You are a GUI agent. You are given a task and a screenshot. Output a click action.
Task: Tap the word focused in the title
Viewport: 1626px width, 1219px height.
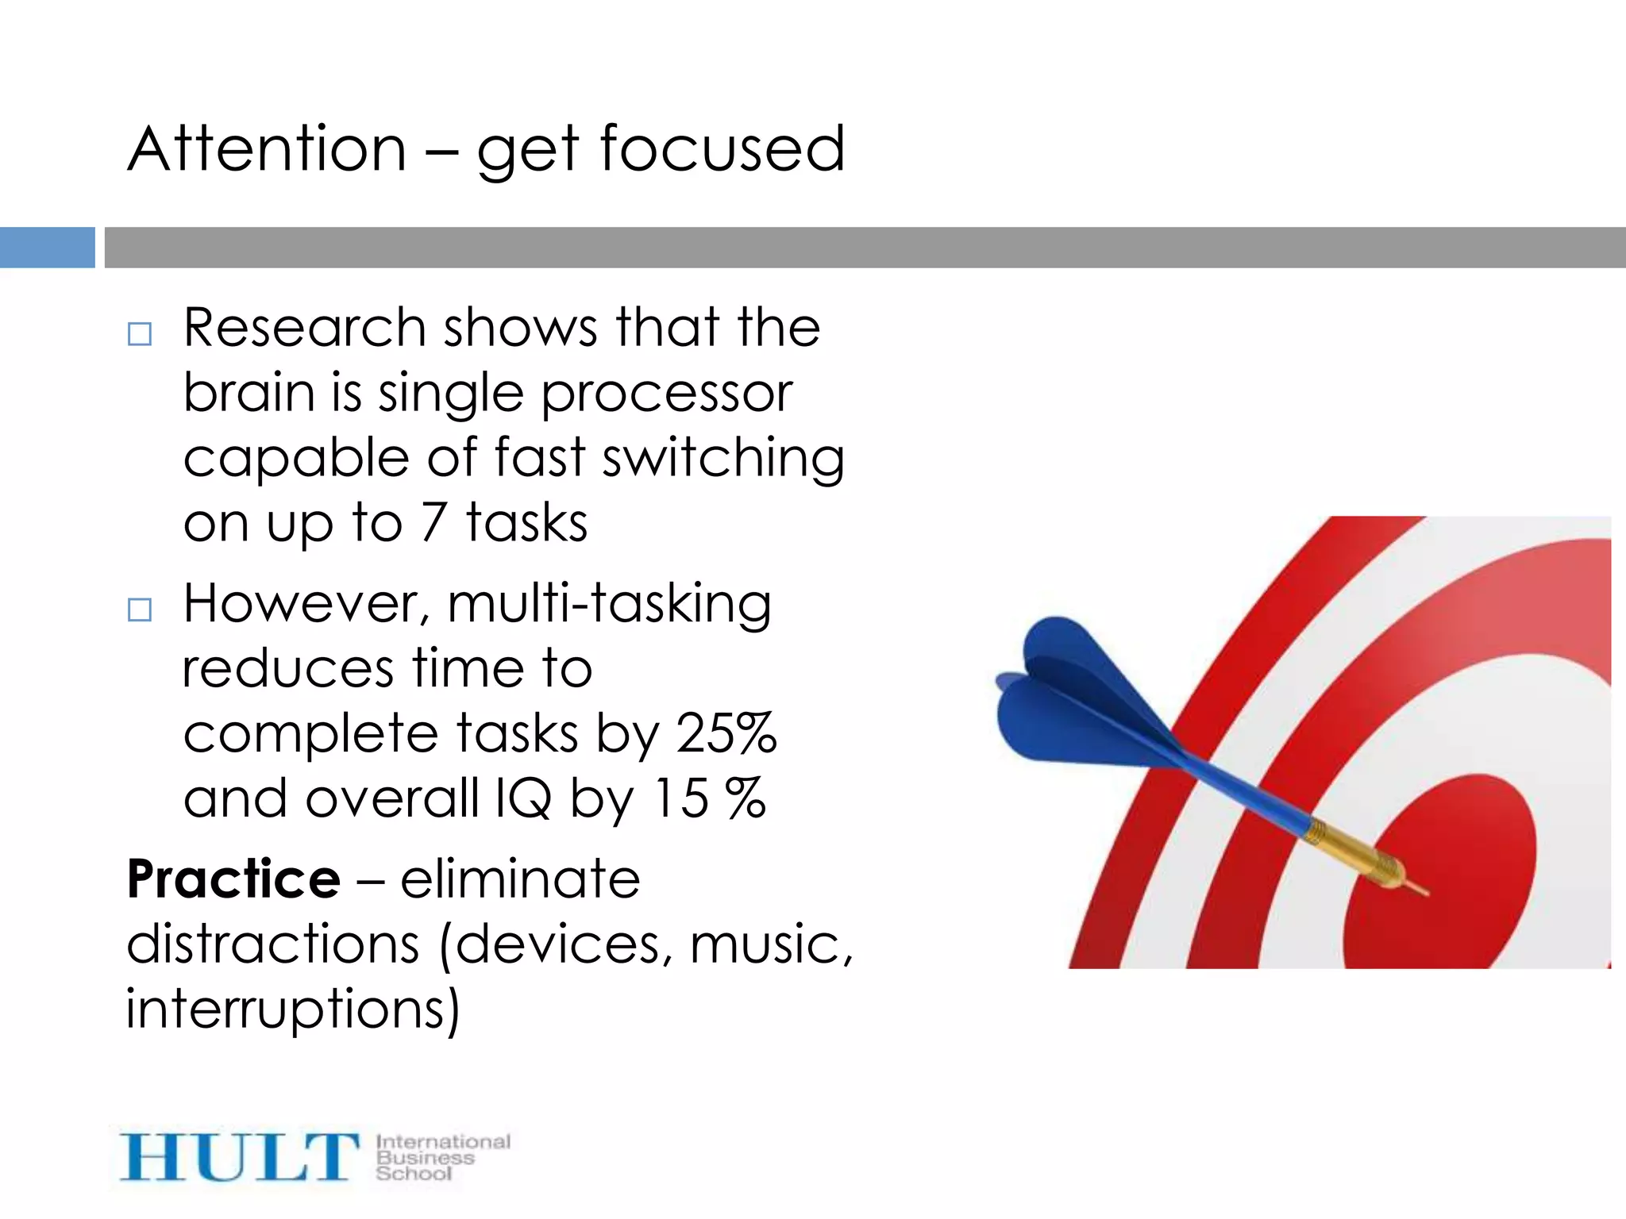722,149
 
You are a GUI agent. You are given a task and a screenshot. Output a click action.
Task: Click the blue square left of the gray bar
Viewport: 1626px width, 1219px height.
47,248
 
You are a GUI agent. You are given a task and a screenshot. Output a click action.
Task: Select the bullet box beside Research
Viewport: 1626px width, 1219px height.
140,334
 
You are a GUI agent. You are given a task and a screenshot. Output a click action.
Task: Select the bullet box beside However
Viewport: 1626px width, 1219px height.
140,609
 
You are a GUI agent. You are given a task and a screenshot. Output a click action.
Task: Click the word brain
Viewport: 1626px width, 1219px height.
249,393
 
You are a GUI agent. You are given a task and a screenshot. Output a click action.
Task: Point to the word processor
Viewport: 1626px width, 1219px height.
666,394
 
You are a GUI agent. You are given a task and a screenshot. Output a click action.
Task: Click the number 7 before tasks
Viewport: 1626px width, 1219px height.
433,522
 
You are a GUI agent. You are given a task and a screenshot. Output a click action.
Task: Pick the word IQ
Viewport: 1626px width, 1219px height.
522,798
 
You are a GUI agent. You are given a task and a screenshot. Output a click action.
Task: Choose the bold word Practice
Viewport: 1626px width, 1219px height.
233,879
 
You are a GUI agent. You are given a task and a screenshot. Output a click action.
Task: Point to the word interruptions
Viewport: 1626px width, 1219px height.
292,1010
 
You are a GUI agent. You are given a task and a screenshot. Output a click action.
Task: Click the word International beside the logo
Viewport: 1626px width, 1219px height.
443,1141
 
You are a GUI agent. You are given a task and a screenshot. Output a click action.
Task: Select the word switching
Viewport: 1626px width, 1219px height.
722,460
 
